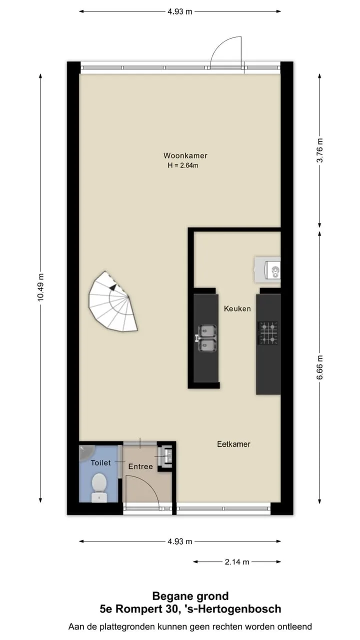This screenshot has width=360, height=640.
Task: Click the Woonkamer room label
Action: click(185, 155)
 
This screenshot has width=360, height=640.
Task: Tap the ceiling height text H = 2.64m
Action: click(183, 165)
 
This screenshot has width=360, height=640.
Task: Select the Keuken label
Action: click(237, 308)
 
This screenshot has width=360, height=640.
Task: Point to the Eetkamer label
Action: click(233, 444)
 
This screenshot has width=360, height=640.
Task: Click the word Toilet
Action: click(100, 462)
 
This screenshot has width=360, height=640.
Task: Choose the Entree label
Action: click(140, 466)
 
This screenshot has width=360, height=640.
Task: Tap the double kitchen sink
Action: click(206, 338)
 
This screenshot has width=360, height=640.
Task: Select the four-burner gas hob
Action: click(268, 333)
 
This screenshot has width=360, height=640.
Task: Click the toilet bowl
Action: click(99, 487)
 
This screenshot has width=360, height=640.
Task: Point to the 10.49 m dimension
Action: click(40, 287)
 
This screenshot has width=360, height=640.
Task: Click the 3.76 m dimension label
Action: click(319, 150)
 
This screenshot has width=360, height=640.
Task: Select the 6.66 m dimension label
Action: click(319, 367)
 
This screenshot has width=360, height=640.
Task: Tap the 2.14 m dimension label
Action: click(237, 561)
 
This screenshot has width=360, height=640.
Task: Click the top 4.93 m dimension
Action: click(179, 11)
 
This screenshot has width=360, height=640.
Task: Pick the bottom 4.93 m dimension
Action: click(179, 541)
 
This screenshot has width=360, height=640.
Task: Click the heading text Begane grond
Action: click(190, 596)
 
